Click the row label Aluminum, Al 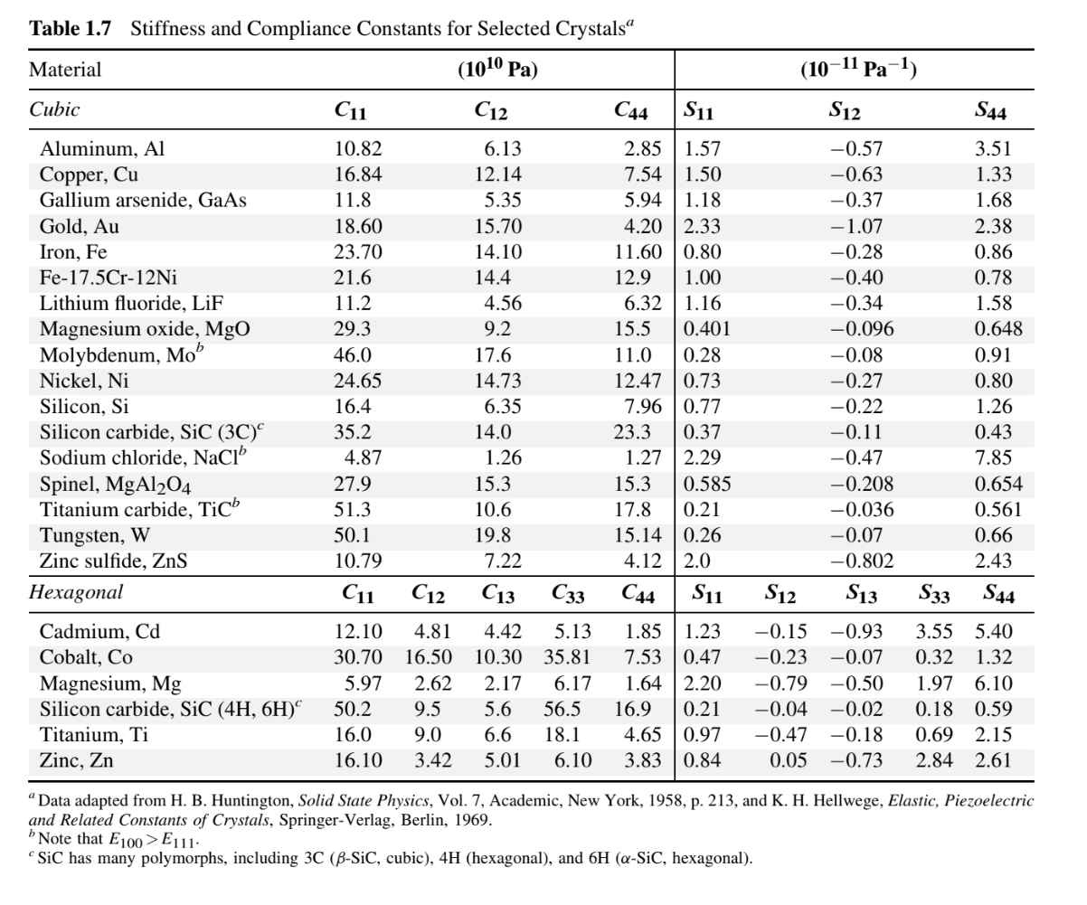102,148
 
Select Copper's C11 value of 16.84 358,174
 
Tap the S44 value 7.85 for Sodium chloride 993,458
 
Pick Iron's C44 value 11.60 638,252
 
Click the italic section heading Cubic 54,109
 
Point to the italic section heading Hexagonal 76,593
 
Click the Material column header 65,70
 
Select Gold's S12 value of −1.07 856,226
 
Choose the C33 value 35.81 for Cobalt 567,657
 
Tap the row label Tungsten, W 95,536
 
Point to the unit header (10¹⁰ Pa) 497,70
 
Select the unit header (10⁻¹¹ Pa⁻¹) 858,70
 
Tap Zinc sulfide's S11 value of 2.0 696,561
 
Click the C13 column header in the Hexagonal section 498,595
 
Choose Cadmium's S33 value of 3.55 934,631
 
